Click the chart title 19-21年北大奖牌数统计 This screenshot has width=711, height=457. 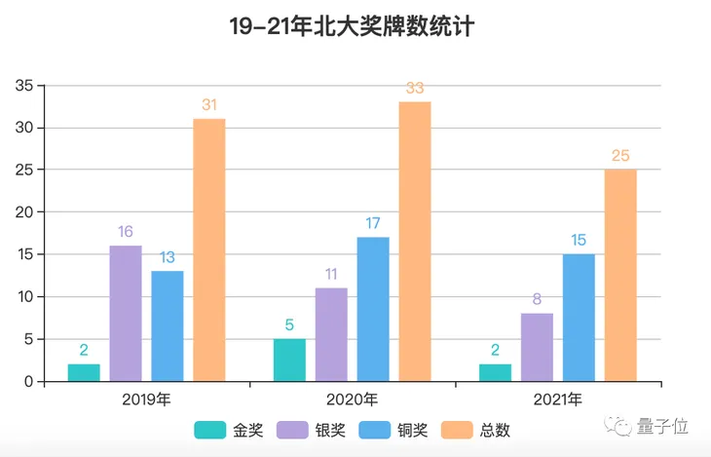click(352, 27)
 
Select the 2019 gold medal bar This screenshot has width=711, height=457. click(84, 372)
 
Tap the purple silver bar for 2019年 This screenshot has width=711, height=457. click(126, 313)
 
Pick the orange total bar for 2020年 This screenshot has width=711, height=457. click(415, 241)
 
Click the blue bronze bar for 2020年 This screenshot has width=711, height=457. click(373, 309)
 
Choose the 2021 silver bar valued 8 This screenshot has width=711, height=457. click(537, 347)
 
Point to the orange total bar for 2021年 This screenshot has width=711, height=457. click(620, 275)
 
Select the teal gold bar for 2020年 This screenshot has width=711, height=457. click(289, 360)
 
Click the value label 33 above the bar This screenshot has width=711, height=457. click(415, 89)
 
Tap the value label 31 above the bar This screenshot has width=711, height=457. click(209, 105)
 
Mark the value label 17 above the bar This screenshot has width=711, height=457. click(373, 224)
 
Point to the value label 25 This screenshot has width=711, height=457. click(620, 156)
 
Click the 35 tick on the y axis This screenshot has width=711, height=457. click(24, 86)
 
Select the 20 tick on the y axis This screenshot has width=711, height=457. click(24, 212)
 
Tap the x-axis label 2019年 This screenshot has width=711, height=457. click(147, 400)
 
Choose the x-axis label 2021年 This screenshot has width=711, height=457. click(558, 400)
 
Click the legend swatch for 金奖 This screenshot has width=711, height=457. click(210, 430)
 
